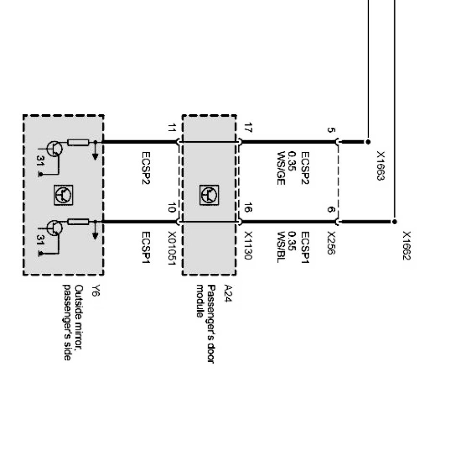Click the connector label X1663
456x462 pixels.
[x=381, y=166]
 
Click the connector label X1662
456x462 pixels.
[x=407, y=246]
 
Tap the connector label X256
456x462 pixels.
[x=331, y=243]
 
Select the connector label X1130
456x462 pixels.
[x=248, y=245]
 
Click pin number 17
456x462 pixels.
[x=248, y=128]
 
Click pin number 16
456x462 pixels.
[x=248, y=208]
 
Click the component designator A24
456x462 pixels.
[x=228, y=292]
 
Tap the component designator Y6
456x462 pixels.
[x=95, y=291]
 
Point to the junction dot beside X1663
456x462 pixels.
[x=368, y=142]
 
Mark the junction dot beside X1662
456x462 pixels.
[x=395, y=222]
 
